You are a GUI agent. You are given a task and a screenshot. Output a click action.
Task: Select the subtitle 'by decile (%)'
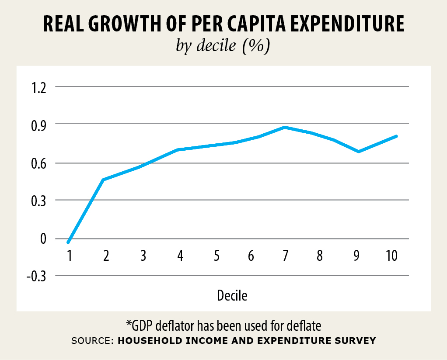pyautogui.click(x=223, y=46)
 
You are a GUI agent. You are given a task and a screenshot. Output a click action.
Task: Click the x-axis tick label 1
pyautogui.click(x=69, y=256)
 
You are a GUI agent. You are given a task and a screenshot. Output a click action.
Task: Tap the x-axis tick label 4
pyautogui.click(x=180, y=256)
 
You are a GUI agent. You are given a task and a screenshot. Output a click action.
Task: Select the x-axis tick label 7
pyautogui.click(x=285, y=256)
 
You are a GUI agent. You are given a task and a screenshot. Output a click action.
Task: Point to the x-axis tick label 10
pyautogui.click(x=391, y=256)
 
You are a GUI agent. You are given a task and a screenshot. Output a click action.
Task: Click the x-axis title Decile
pyautogui.click(x=232, y=296)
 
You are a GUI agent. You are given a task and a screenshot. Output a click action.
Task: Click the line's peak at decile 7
pyautogui.click(x=285, y=127)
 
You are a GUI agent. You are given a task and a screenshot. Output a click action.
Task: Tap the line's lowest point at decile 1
pyautogui.click(x=68, y=242)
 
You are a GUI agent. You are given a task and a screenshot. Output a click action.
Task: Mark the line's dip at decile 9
pyautogui.click(x=359, y=152)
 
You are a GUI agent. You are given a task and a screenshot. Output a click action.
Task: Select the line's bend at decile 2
pyautogui.click(x=103, y=180)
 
